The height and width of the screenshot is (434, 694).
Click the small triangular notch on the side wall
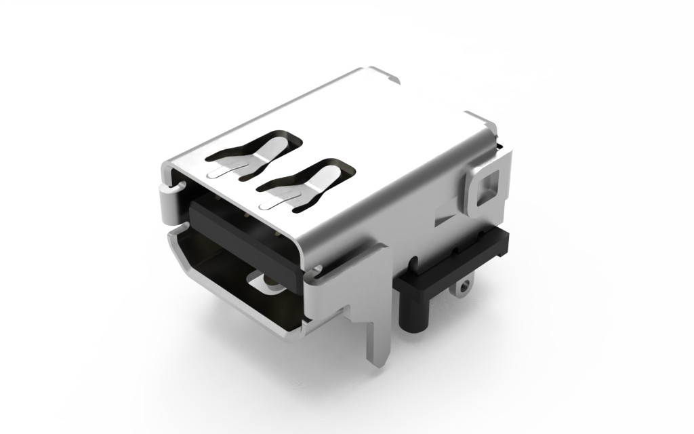(x=444, y=220)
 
